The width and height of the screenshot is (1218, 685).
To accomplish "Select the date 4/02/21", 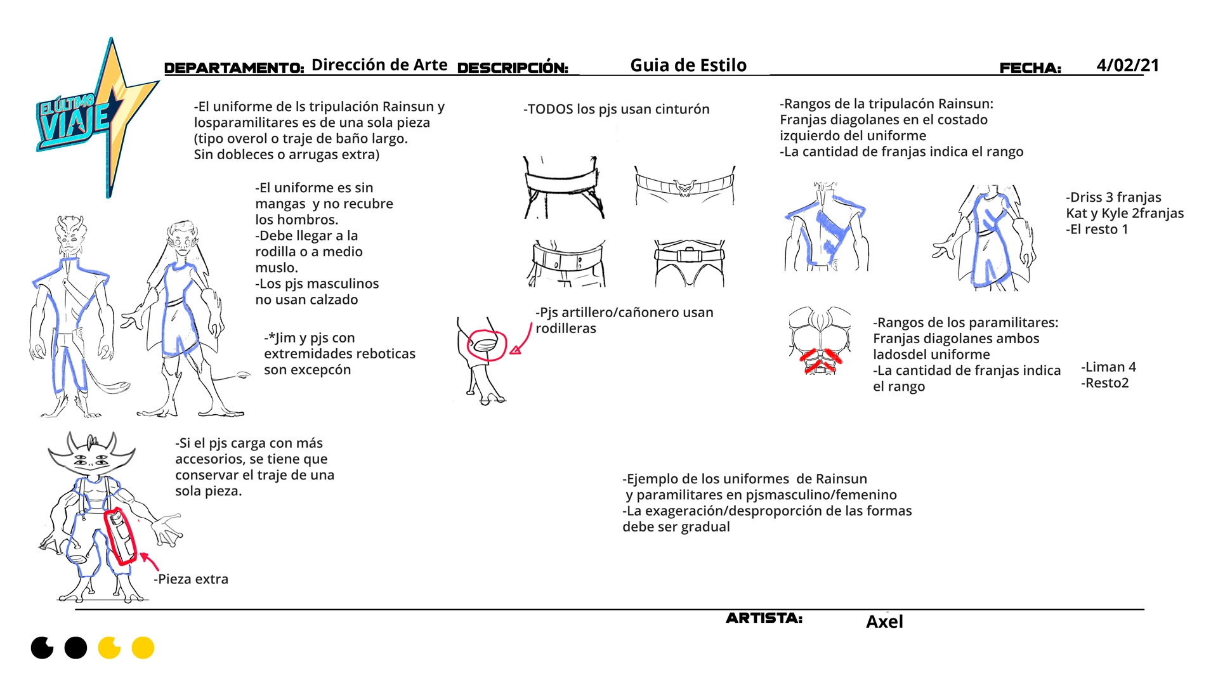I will [1127, 65].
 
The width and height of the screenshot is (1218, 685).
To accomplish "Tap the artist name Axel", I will [884, 622].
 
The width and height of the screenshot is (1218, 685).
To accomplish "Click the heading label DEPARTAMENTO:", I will [234, 68].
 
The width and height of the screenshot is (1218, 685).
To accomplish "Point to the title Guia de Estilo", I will [688, 65].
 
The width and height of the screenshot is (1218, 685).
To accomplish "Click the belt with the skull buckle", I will [684, 187].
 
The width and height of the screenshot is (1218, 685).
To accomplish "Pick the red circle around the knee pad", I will [487, 346].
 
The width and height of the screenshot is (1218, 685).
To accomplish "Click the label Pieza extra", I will [193, 579].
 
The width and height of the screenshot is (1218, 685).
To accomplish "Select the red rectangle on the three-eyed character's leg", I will [121, 536].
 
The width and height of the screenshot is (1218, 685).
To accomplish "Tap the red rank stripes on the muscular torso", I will [820, 360].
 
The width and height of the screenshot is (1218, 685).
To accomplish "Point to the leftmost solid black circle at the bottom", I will [43, 648].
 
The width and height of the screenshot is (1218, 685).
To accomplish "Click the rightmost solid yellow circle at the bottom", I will [143, 648].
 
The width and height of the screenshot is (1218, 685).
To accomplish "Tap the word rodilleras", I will [566, 329].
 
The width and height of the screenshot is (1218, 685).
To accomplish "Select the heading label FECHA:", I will [1030, 68].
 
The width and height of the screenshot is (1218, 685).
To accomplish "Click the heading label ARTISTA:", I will [764, 618].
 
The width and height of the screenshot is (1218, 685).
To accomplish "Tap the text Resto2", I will [1106, 383].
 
